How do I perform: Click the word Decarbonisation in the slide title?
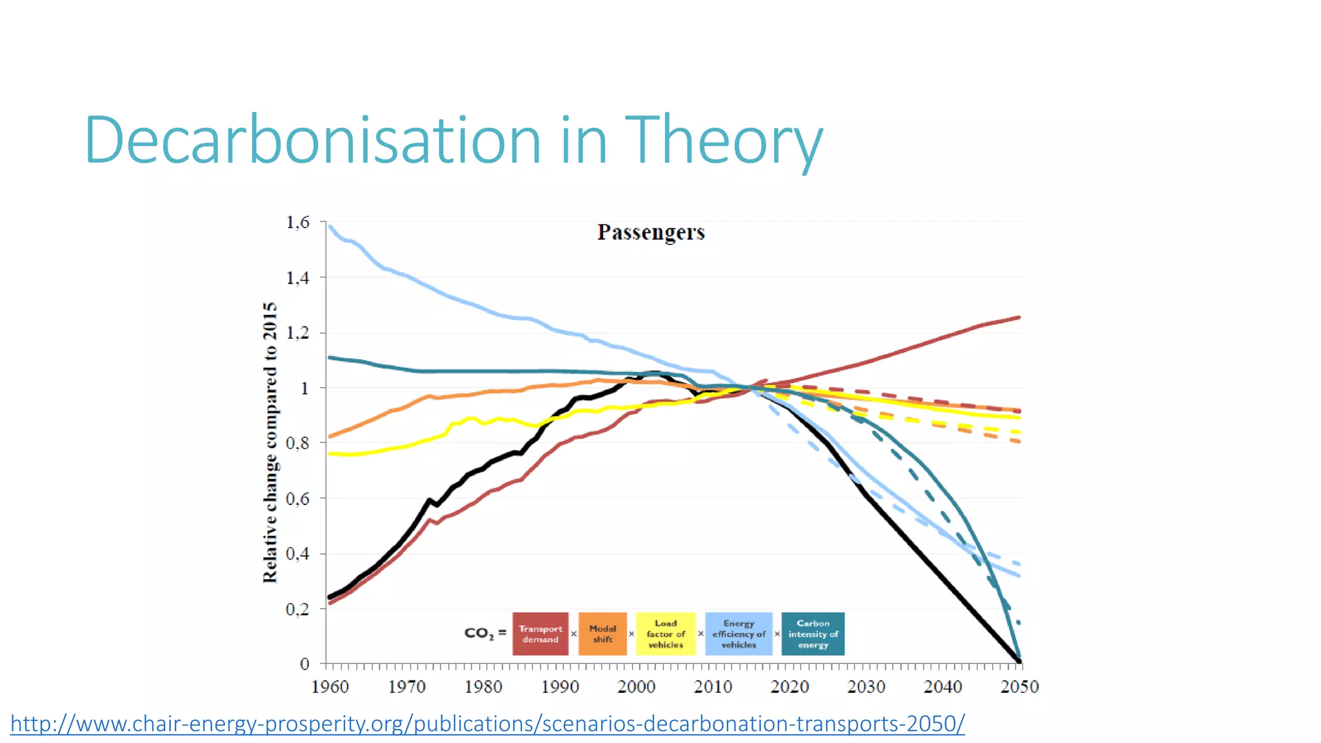click(313, 140)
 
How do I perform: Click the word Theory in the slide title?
click(724, 140)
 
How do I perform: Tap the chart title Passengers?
click(650, 232)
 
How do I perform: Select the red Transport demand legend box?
click(540, 634)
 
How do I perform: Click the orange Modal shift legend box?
click(602, 634)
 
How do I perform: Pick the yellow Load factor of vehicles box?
click(665, 634)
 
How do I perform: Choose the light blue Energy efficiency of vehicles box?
click(739, 634)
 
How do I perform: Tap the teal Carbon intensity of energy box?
click(813, 634)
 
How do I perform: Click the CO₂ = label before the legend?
click(485, 633)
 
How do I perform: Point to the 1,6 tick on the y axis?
click(298, 223)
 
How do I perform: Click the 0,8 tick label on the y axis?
click(298, 443)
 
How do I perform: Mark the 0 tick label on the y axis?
click(304, 664)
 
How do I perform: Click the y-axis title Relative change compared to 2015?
click(270, 442)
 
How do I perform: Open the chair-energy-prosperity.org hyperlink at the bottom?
click(487, 724)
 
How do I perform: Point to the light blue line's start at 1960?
click(330, 226)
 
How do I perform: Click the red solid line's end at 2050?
click(1018, 317)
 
